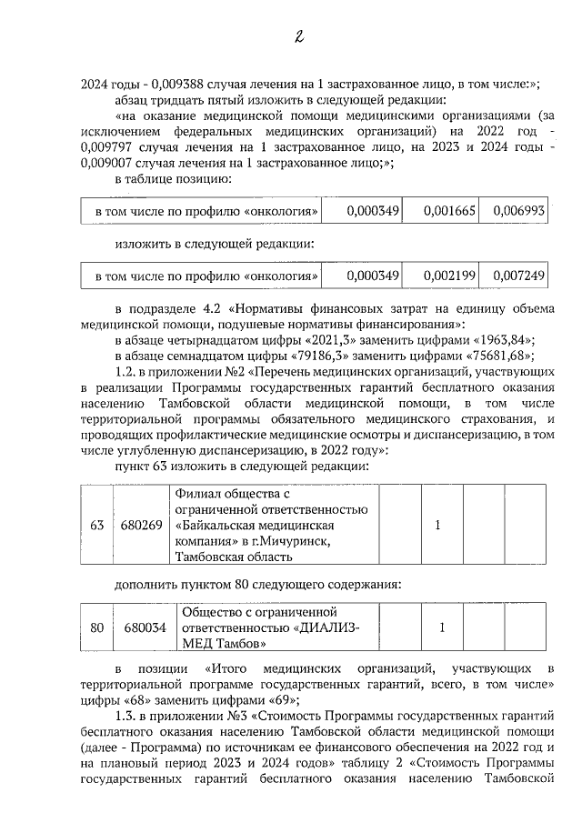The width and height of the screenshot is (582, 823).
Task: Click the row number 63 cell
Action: point(96,526)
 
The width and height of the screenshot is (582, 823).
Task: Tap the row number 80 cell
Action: point(96,628)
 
